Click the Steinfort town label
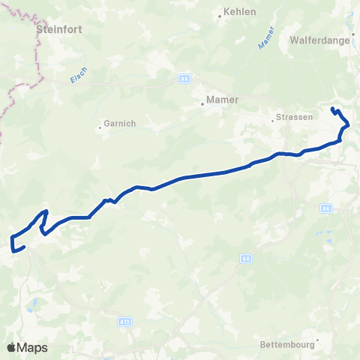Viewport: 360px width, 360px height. click(x=58, y=30)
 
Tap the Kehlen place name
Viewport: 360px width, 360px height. click(x=239, y=12)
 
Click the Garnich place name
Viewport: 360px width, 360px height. click(x=120, y=124)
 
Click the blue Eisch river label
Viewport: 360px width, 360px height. click(x=77, y=75)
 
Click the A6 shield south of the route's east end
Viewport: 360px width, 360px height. click(x=326, y=209)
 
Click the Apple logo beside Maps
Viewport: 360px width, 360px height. click(x=12, y=347)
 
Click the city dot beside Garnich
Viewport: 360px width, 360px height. click(x=100, y=127)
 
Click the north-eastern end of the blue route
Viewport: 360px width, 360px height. click(x=331, y=109)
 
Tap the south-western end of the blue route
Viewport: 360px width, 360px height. click(x=25, y=247)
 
